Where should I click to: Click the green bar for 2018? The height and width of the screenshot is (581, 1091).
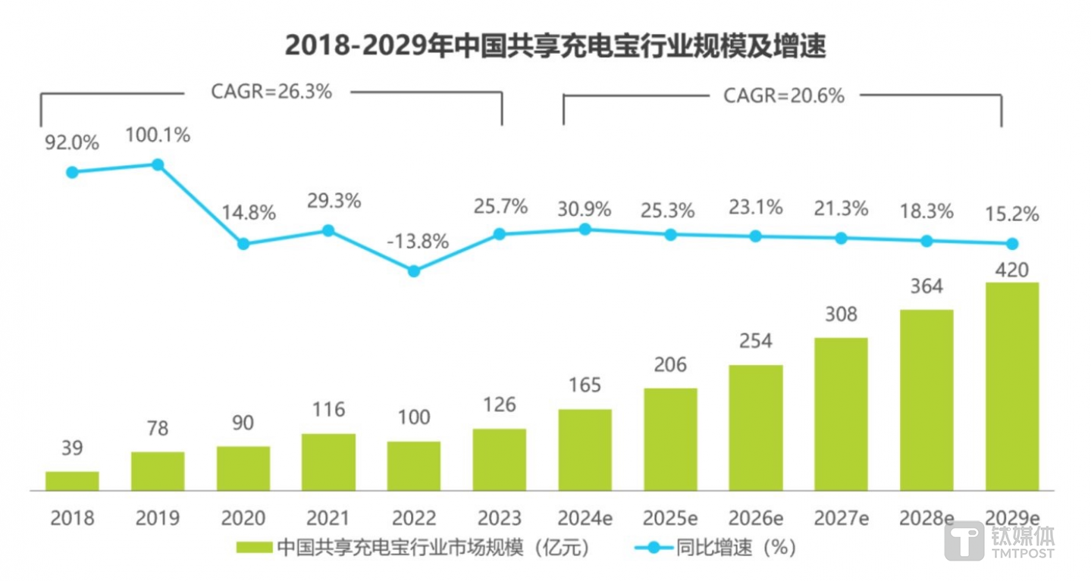click(x=72, y=481)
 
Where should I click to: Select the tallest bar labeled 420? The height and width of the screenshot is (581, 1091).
click(x=1011, y=386)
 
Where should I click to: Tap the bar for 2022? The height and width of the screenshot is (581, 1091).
click(x=413, y=465)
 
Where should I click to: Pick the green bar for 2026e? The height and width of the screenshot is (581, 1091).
click(x=755, y=427)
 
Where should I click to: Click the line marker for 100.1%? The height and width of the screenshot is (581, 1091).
click(x=158, y=164)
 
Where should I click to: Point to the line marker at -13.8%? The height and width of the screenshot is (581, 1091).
click(x=413, y=270)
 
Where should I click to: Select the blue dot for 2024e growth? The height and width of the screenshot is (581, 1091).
click(x=585, y=229)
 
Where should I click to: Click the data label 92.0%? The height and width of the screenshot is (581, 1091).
click(x=72, y=142)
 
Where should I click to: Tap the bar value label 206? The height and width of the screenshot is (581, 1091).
click(x=669, y=365)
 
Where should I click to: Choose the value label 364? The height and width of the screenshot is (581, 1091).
click(x=926, y=286)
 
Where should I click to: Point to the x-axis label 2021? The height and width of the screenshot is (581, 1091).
click(x=328, y=518)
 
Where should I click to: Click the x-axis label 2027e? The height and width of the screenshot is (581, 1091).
click(x=840, y=518)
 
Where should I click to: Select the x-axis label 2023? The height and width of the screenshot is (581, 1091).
click(x=499, y=518)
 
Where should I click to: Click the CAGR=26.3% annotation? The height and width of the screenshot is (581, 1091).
click(x=271, y=92)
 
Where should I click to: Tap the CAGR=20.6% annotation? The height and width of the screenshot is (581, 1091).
click(x=783, y=96)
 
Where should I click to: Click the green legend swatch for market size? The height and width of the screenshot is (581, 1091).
click(x=255, y=548)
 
